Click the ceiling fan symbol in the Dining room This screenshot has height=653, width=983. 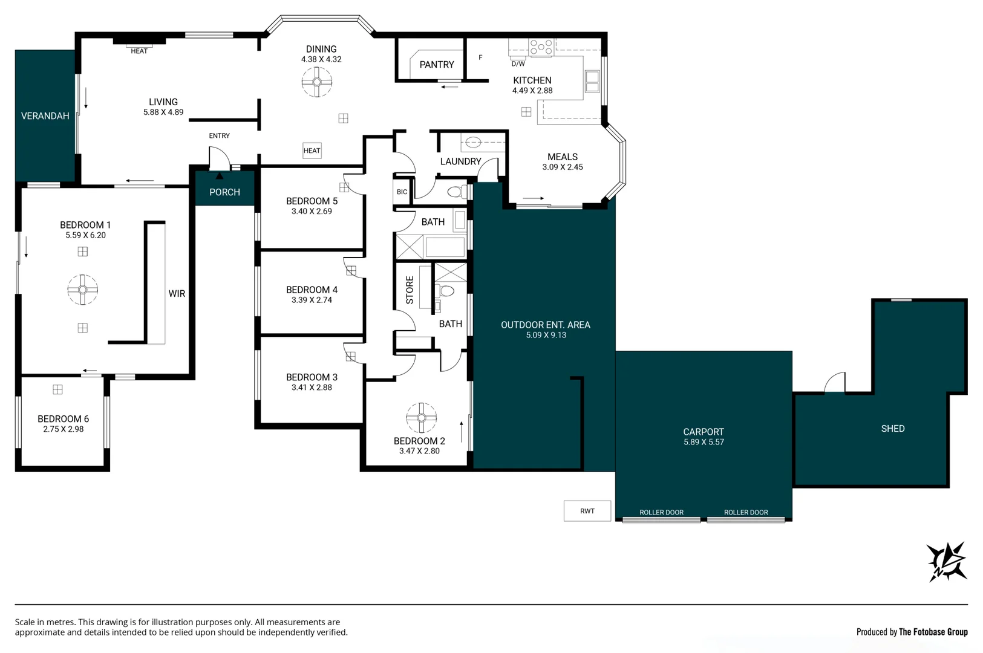pos(317,82)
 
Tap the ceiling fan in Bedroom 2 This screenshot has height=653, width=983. pos(421,418)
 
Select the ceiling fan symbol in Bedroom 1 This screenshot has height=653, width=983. pos(83,290)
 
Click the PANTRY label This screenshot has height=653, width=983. pos(436,65)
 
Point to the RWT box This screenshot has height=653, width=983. pos(587,511)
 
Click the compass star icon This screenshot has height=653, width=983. pos(947,562)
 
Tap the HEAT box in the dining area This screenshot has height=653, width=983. pos(312,151)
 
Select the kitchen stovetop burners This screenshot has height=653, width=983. pos(541,47)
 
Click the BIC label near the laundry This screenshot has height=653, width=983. pos(402,192)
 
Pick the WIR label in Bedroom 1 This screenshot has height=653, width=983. pos(177,294)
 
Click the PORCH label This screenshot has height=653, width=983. pos(224,192)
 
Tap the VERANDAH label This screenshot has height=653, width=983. pos(45,116)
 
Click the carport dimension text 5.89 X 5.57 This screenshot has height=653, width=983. pos(704,442)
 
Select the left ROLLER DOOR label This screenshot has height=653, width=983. pos(661,512)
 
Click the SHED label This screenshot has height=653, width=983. pos(892,429)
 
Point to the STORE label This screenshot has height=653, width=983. pos(410,290)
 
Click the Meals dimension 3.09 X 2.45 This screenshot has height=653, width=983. pos(562,167)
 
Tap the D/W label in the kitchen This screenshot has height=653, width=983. pos(518,63)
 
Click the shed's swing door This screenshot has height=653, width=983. pos(835,383)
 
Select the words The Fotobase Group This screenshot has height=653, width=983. pos(933,632)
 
